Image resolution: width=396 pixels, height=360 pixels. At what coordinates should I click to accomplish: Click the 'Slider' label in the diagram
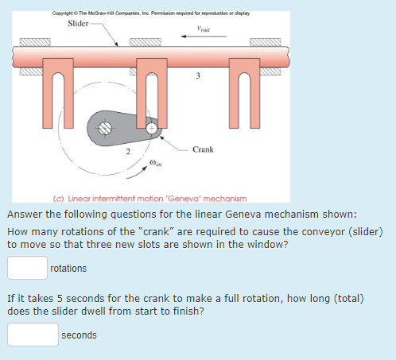79,22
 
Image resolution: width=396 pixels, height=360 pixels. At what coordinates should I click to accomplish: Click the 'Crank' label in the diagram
204,149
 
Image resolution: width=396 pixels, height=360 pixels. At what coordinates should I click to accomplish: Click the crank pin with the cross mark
151,127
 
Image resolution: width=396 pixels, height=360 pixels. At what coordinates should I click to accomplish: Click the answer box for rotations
26,268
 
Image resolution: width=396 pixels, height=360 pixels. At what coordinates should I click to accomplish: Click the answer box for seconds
33,335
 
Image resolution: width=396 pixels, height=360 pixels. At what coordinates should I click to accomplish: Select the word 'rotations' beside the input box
68,269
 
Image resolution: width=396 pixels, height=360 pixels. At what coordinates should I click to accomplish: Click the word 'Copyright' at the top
65,13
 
